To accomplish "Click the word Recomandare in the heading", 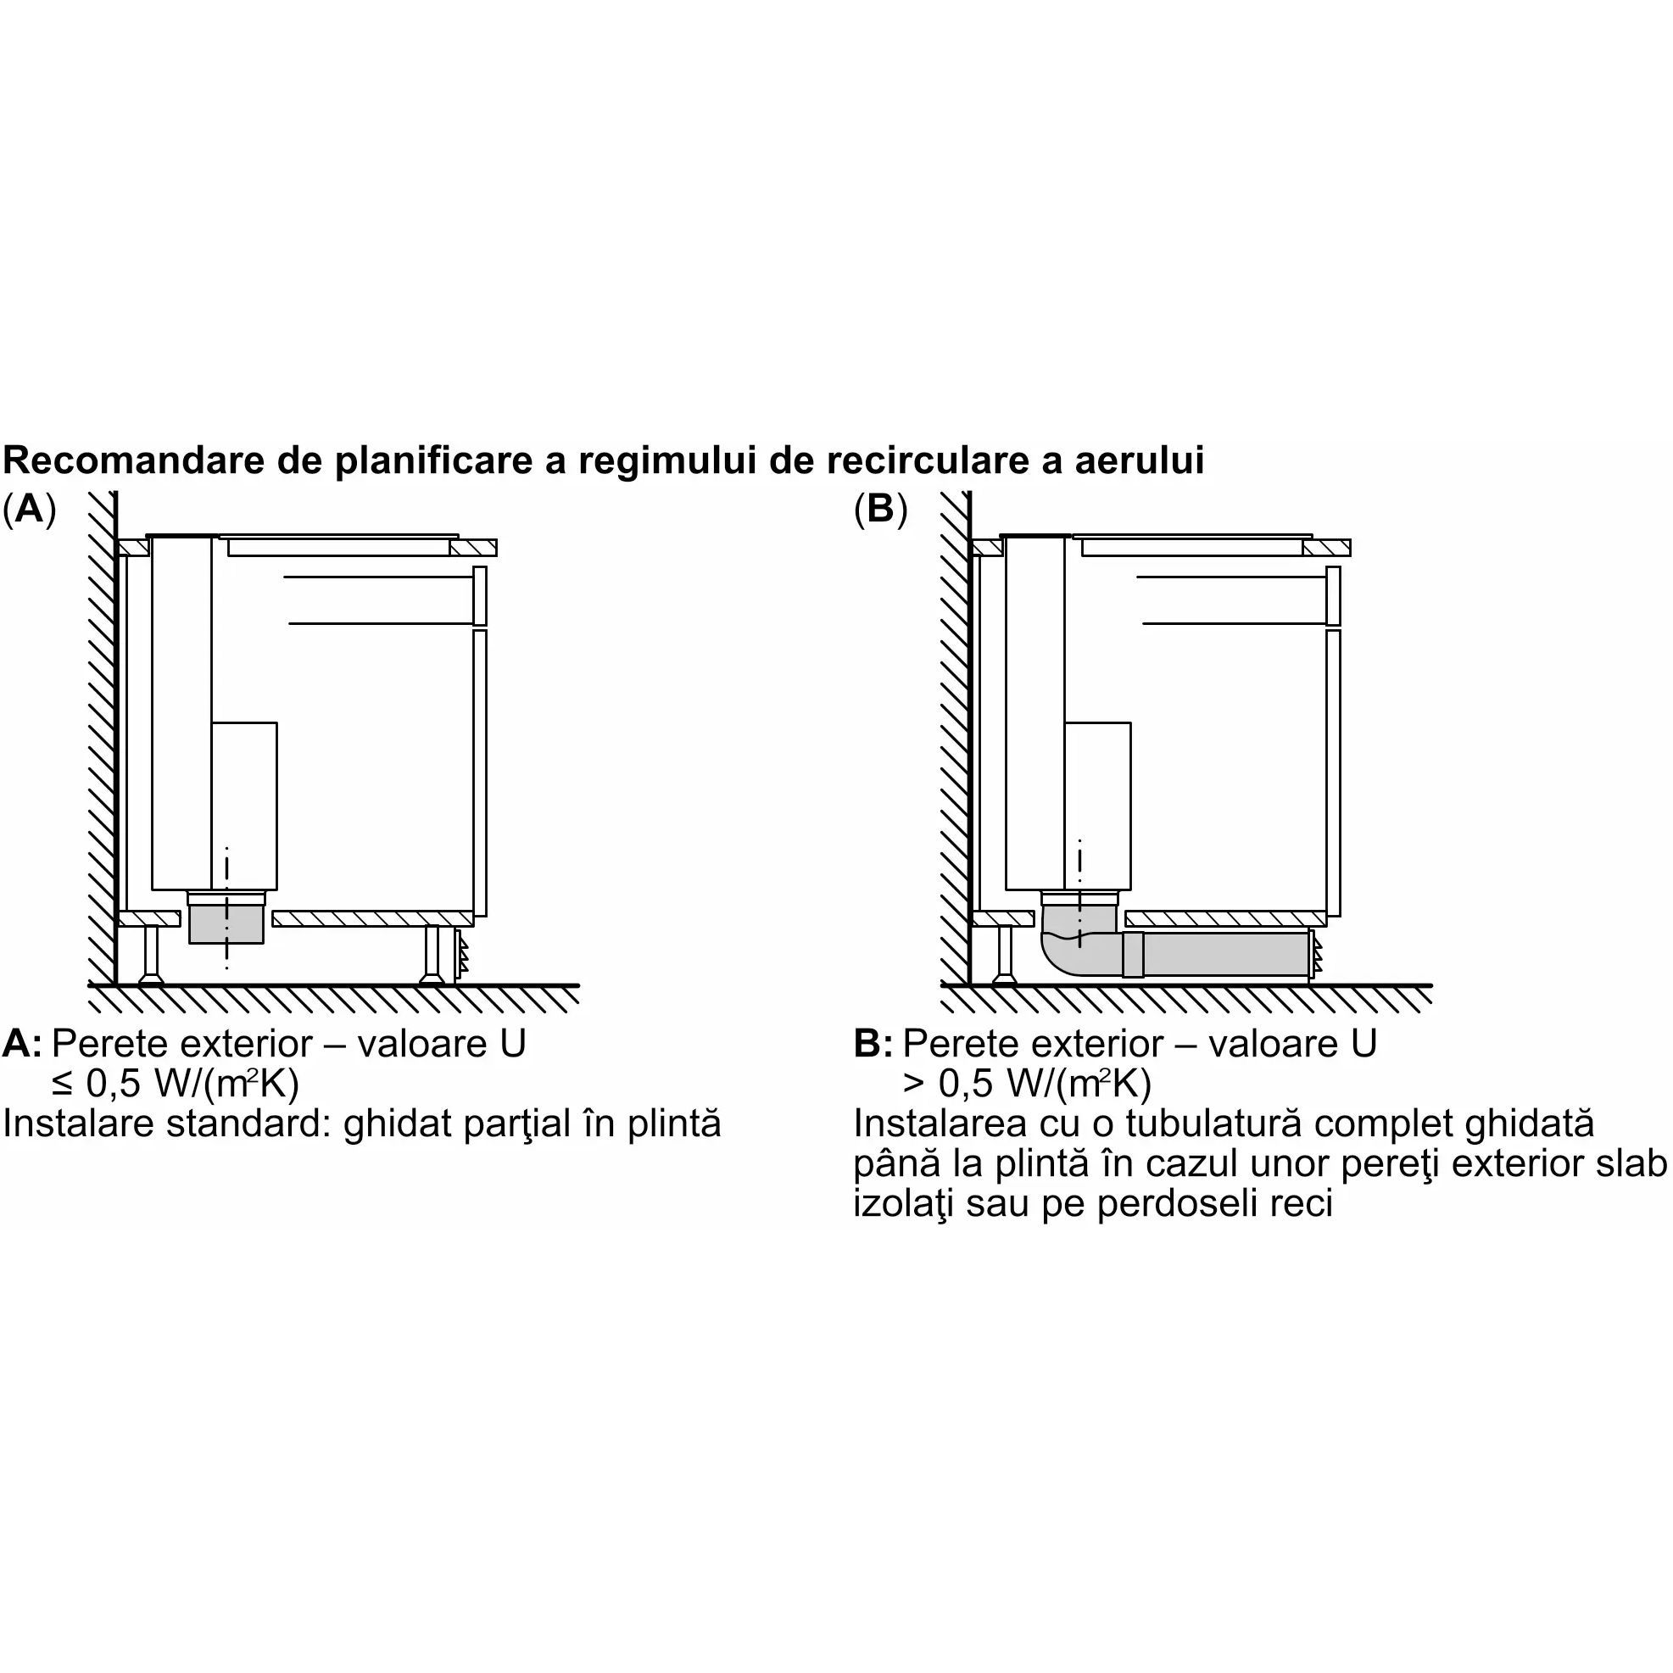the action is pos(135,460).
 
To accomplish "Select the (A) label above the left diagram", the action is pos(30,509).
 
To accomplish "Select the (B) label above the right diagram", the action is pos(881,509).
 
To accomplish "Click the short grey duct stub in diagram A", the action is pos(226,923).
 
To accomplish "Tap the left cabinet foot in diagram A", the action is pos(152,955).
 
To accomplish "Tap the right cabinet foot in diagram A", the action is pos(432,955).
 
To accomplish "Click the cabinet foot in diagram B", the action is pos(1005,955).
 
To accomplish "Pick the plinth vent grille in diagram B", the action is pos(1316,955).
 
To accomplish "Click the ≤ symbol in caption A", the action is pos(64,1085).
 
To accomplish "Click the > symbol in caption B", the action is pos(914,1085).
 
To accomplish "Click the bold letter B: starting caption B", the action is pos(873,1044).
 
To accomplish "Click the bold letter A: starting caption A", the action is pos(22,1044).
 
